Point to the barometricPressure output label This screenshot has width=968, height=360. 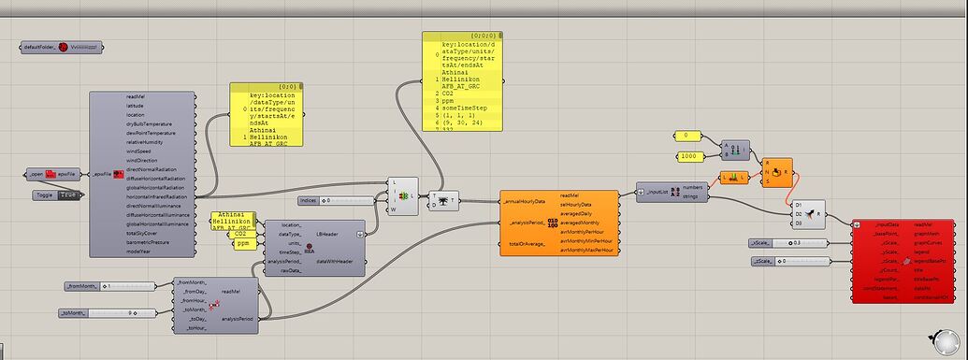pos(150,241)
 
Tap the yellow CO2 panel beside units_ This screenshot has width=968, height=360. pos(240,233)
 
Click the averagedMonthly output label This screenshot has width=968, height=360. pos(580,223)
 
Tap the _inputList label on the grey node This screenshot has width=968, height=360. pos(654,192)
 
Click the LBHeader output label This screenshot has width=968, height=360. pos(328,234)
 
